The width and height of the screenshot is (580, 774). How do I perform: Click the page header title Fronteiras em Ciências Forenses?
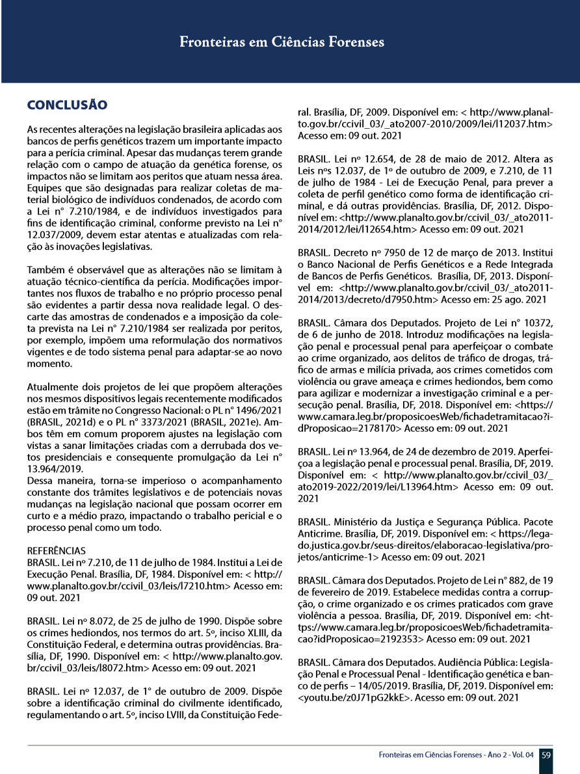pyautogui.click(x=282, y=42)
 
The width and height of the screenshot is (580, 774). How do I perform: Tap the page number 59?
pyautogui.click(x=546, y=755)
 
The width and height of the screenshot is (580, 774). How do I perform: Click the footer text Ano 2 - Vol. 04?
pyautogui.click(x=506, y=755)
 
